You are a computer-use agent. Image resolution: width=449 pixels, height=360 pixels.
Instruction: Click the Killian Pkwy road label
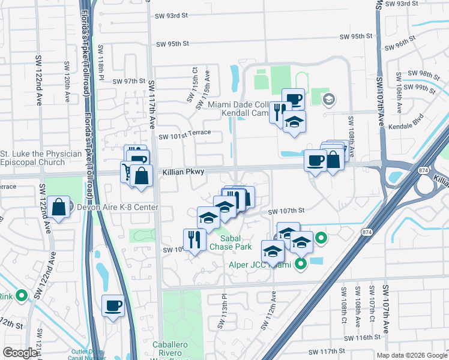click(x=183, y=172)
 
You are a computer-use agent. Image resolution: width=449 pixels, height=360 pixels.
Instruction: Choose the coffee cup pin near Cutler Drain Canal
click(x=113, y=307)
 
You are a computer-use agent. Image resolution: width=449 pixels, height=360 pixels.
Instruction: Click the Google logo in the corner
click(x=20, y=353)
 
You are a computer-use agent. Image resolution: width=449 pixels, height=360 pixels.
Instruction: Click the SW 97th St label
click(x=129, y=81)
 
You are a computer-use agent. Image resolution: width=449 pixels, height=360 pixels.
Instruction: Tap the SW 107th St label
click(x=286, y=211)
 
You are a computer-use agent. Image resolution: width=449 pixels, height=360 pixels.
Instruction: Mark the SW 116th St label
click(x=373, y=338)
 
